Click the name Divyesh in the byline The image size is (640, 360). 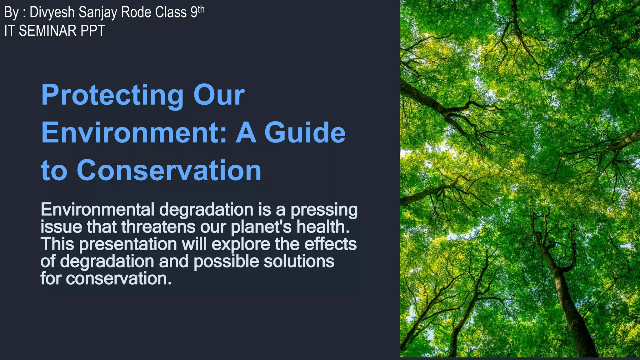pyautogui.click(x=52, y=12)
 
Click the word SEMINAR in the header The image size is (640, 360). pyautogui.click(x=47, y=31)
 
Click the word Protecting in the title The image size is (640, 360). pyautogui.click(x=112, y=95)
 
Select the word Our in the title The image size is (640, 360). pyautogui.click(x=219, y=95)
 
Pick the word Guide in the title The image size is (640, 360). pyautogui.click(x=305, y=132)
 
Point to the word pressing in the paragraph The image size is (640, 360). pyautogui.click(x=324, y=210)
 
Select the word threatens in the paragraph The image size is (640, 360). pyautogui.click(x=158, y=227)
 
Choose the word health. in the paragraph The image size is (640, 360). pyautogui.click(x=323, y=227)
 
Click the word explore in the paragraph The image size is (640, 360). pyautogui.click(x=241, y=244)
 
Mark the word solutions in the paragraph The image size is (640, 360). pyautogui.click(x=299, y=261)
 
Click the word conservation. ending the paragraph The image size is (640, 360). pyautogui.click(x=119, y=278)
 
